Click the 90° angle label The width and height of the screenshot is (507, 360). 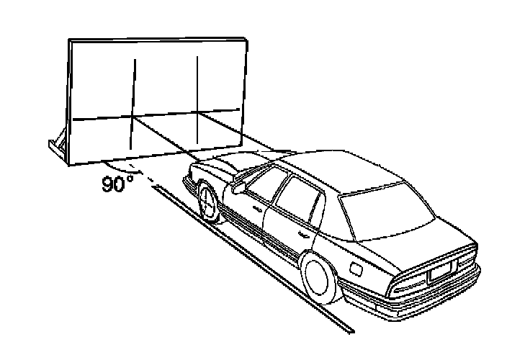point(117,184)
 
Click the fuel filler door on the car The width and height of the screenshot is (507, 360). point(356,267)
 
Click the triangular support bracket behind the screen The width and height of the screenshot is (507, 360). point(58,143)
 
